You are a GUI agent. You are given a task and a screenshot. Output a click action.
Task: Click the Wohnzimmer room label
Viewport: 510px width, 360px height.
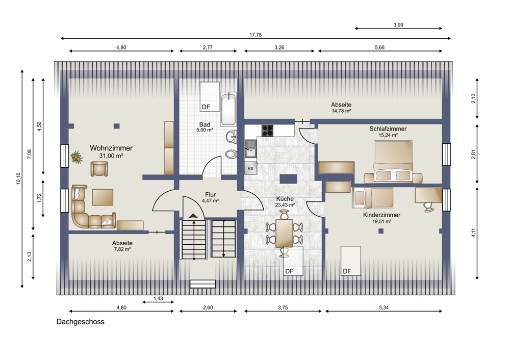pyautogui.click(x=111, y=148)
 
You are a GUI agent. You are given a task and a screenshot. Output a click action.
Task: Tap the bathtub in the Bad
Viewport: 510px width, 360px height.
pyautogui.click(x=228, y=109)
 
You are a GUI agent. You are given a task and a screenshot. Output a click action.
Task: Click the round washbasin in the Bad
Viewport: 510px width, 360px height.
pyautogui.click(x=232, y=136)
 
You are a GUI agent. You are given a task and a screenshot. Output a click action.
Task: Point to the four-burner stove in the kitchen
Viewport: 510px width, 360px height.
pyautogui.click(x=267, y=131)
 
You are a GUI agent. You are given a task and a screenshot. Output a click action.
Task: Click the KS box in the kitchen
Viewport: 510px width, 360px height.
pyautogui.click(x=250, y=168)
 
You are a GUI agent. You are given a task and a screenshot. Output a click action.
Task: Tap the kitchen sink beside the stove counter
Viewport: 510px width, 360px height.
pyautogui.click(x=250, y=148)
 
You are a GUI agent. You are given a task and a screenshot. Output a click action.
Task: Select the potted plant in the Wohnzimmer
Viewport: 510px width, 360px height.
pyautogui.click(x=76, y=157)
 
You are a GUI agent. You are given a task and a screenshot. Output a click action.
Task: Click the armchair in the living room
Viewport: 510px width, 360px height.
pyautogui.click(x=99, y=169)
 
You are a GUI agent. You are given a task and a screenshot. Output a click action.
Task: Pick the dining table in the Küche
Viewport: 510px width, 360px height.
pyautogui.click(x=284, y=232)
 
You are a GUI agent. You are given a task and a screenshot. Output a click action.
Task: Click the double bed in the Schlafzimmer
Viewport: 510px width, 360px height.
pyautogui.click(x=393, y=162)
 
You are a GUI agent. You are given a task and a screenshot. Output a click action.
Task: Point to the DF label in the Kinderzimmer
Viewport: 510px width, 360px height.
pyautogui.click(x=347, y=271)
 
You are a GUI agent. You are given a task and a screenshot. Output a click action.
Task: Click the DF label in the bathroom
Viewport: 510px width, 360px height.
pyautogui.click(x=206, y=107)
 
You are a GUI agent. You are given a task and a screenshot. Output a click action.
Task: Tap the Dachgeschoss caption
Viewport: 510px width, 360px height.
pyautogui.click(x=81, y=322)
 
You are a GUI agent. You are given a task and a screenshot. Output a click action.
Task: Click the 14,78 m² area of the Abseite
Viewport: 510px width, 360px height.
pyautogui.click(x=341, y=111)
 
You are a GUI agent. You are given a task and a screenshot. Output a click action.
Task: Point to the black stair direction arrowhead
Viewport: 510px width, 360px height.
pyautogui.click(x=193, y=215)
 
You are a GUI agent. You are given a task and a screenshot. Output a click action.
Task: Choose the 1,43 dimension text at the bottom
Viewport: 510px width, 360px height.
pyautogui.click(x=158, y=298)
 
